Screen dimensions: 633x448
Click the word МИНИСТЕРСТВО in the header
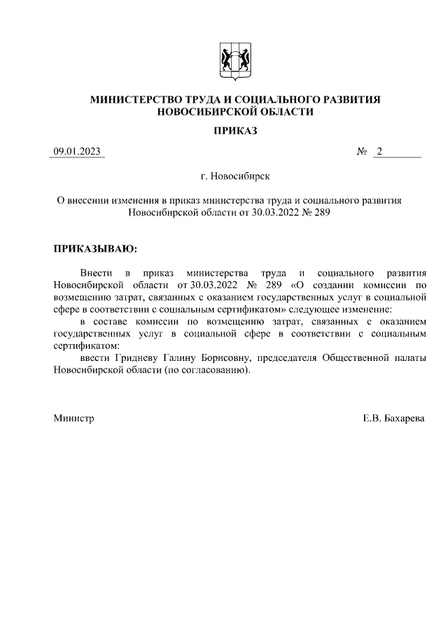(x=139, y=100)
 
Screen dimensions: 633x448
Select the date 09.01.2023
(x=77, y=152)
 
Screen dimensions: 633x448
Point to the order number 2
(x=379, y=152)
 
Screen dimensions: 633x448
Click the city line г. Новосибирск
(x=235, y=178)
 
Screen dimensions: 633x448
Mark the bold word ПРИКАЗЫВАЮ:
(x=95, y=248)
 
